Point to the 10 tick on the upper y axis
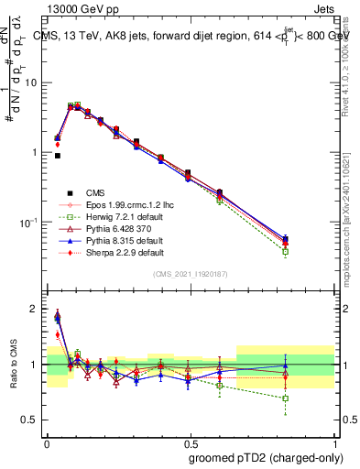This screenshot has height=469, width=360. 34,82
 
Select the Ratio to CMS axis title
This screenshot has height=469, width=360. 12,364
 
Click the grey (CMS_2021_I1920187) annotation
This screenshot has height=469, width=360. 191,274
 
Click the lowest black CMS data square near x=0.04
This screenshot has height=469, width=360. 58,156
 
